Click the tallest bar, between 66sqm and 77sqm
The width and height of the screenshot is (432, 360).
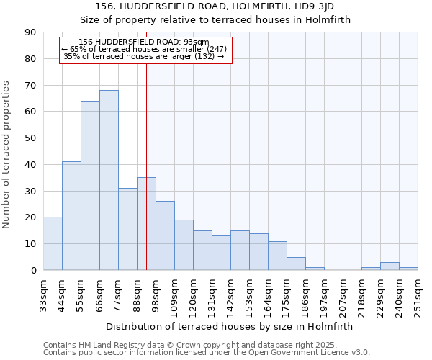[109, 180]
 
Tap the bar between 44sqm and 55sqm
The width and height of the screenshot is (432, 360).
[71, 216]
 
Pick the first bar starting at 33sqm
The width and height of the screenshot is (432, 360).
[53, 243]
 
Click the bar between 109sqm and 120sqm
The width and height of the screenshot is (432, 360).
[184, 245]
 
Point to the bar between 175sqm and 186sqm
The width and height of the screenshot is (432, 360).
[296, 264]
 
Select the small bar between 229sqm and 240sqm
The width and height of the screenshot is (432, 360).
[390, 266]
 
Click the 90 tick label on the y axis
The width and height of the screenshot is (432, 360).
[30, 32]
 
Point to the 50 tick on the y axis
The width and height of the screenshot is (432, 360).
[30, 138]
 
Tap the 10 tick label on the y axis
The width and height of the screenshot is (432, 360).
[30, 244]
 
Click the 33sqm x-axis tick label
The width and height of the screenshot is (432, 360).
[44, 295]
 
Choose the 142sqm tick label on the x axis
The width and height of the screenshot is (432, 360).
[231, 297]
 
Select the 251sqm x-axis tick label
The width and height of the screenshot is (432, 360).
[418, 297]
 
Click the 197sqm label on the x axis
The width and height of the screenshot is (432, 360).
[325, 297]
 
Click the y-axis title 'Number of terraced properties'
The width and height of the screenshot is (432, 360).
[7, 154]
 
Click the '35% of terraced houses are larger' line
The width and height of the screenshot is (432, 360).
[143, 56]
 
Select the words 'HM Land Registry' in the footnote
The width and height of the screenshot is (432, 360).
[110, 345]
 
